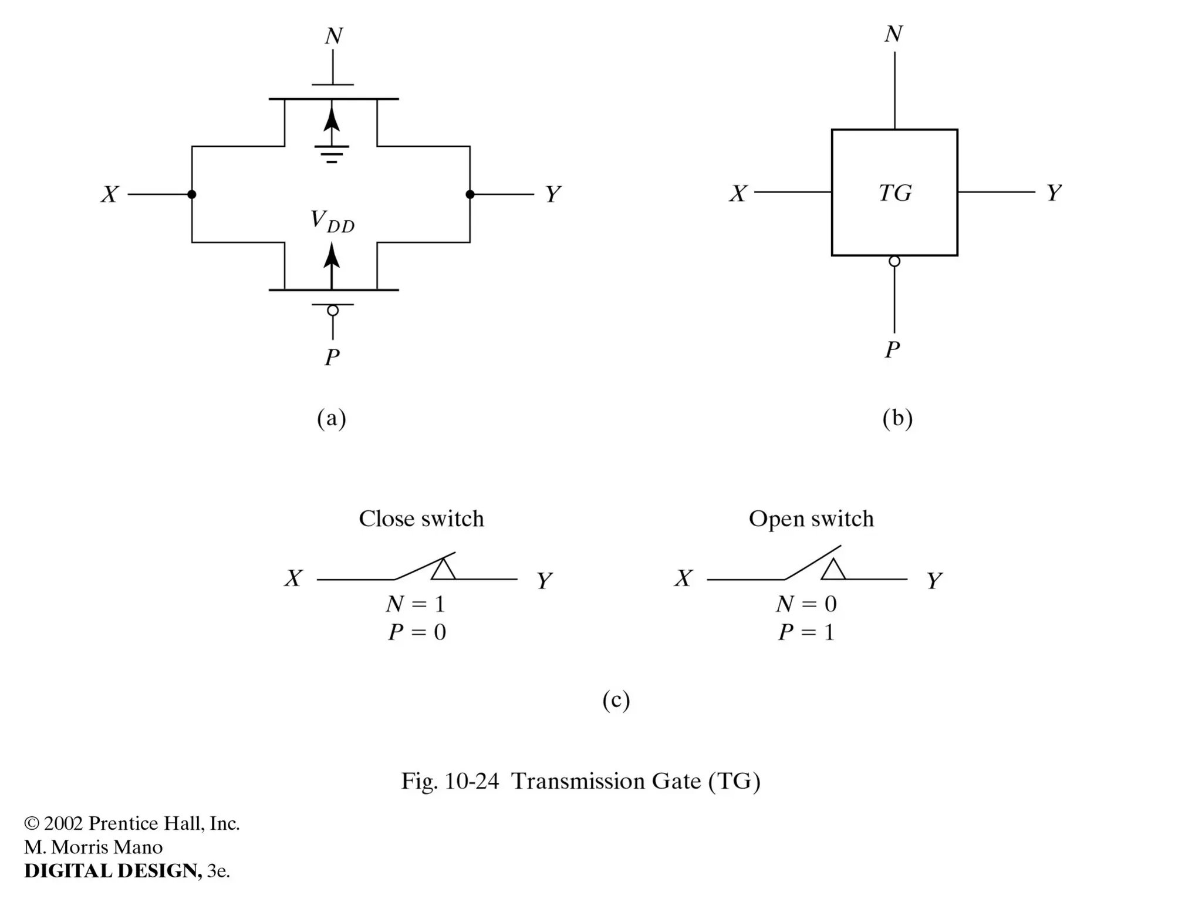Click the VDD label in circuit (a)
pyautogui.click(x=332, y=221)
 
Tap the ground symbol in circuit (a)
pyautogui.click(x=332, y=154)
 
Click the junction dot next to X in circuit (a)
pyautogui.click(x=192, y=194)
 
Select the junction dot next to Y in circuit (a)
pyautogui.click(x=470, y=194)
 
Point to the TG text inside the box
pyautogui.click(x=894, y=193)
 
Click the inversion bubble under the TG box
pyautogui.click(x=894, y=261)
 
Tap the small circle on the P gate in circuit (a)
pyautogui.click(x=333, y=311)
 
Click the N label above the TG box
pyautogui.click(x=893, y=34)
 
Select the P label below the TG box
pyautogui.click(x=892, y=350)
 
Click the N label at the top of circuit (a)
pyautogui.click(x=333, y=36)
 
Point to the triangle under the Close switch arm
pyautogui.click(x=443, y=570)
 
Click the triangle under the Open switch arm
pyautogui.click(x=833, y=570)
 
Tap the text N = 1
pyautogui.click(x=416, y=604)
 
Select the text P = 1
pyautogui.click(x=806, y=632)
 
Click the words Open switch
pyautogui.click(x=811, y=519)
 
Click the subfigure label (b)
pyautogui.click(x=897, y=418)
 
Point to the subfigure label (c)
pyautogui.click(x=616, y=700)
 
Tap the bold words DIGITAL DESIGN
pyautogui.click(x=112, y=871)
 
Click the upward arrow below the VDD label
pyautogui.click(x=332, y=264)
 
